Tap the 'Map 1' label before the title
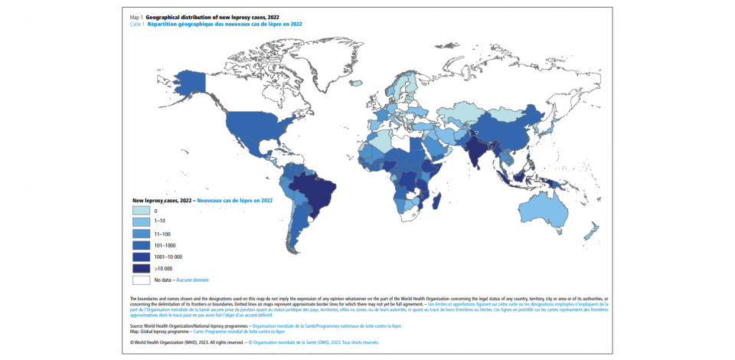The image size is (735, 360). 138,16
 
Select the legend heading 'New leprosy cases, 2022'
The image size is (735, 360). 162,200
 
